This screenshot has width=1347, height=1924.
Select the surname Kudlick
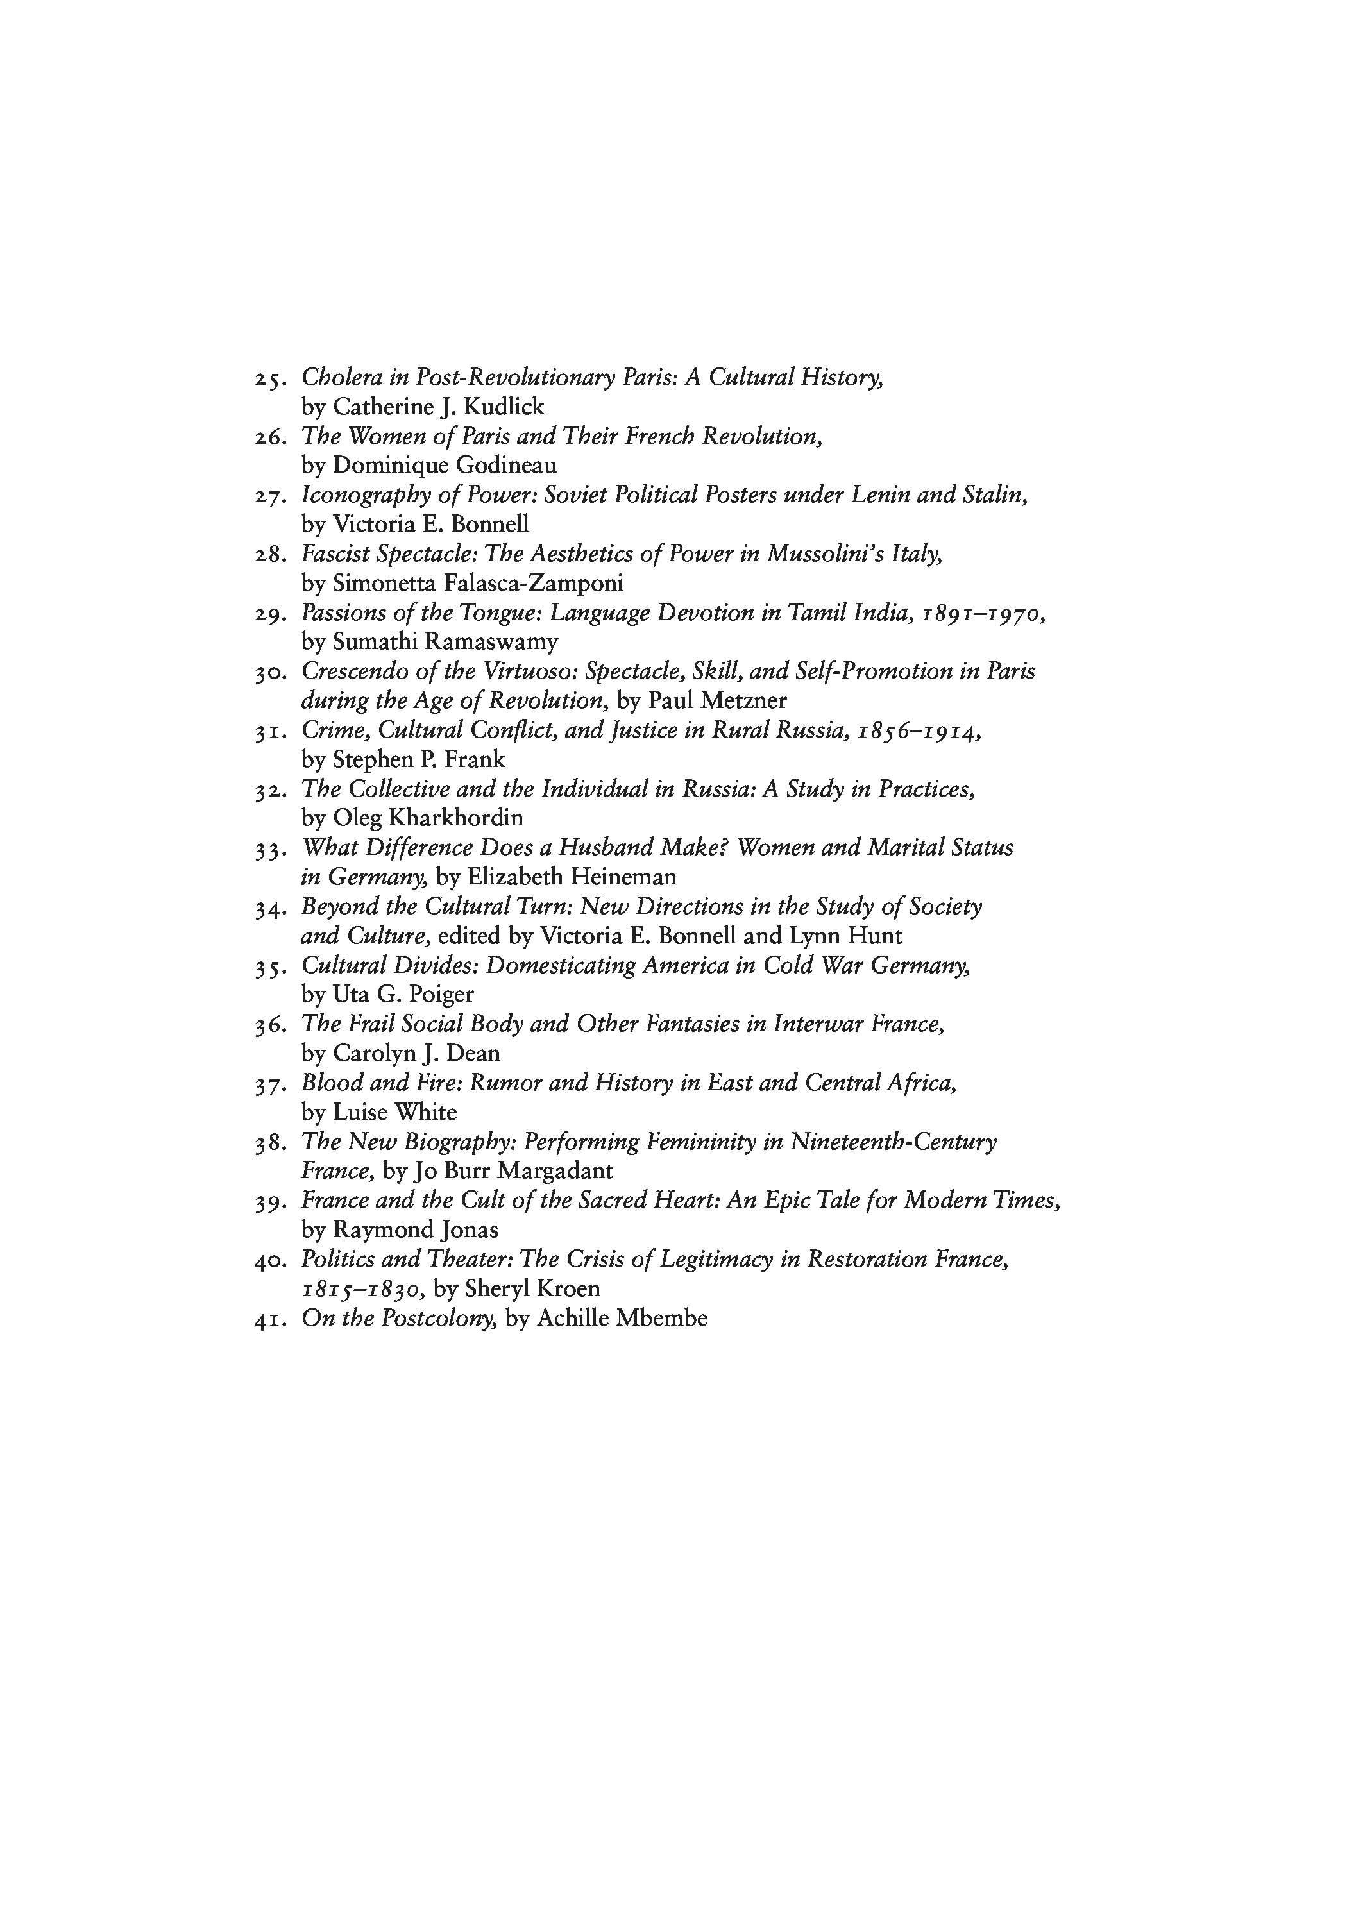point(505,407)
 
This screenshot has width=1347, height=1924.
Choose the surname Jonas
point(467,1229)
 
